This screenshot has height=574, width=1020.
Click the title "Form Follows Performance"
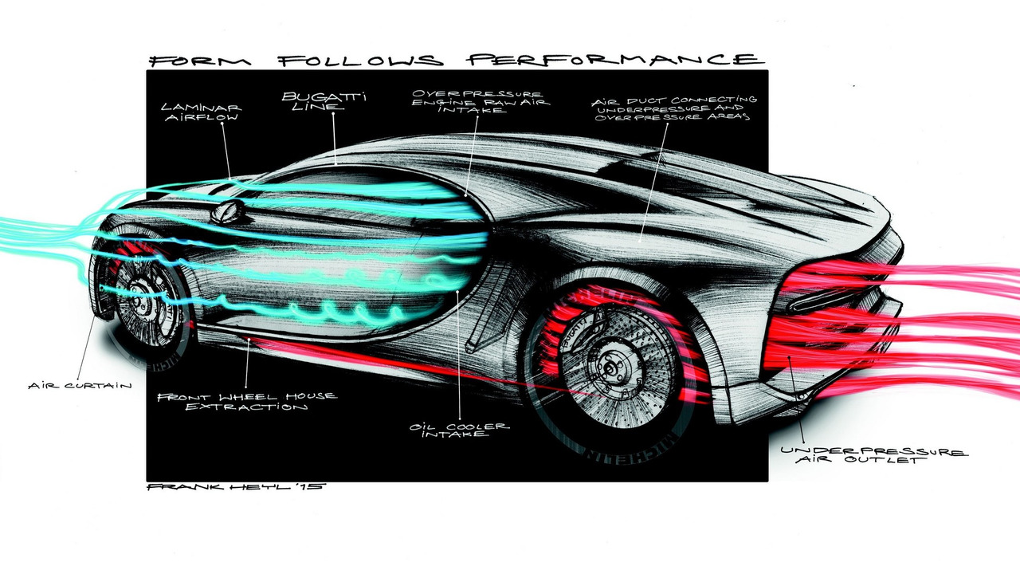click(x=455, y=61)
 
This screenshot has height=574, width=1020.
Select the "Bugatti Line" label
click(x=312, y=103)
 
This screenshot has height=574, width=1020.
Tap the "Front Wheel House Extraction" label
click(x=247, y=401)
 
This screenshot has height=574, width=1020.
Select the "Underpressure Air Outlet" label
click(x=873, y=455)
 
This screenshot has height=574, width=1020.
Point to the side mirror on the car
click(x=228, y=210)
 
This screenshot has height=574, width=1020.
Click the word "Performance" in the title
click(x=614, y=61)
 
